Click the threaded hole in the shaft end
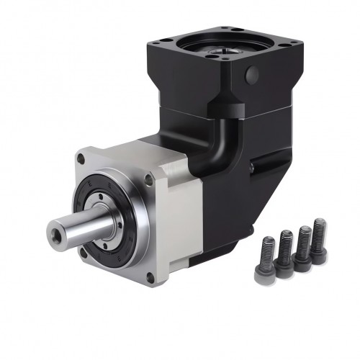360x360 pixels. pos(57,233)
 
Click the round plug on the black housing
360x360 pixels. pos(251,74)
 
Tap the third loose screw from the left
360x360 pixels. pos(303,248)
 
